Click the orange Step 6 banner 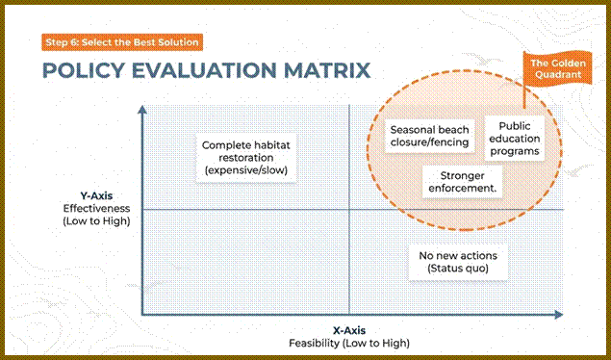(122, 42)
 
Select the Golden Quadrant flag (558, 68)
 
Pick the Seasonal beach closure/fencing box (429, 136)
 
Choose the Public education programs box (515, 139)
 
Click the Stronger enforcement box (462, 182)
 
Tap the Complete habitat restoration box (246, 158)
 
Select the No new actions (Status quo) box (458, 262)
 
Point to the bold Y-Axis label (96, 195)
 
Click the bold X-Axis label (349, 331)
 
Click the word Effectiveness (96, 208)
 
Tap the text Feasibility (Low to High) (349, 344)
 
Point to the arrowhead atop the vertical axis (142, 109)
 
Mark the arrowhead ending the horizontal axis (559, 315)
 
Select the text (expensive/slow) (246, 170)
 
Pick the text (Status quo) (458, 269)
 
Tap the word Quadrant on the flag (558, 74)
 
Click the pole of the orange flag (524, 81)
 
